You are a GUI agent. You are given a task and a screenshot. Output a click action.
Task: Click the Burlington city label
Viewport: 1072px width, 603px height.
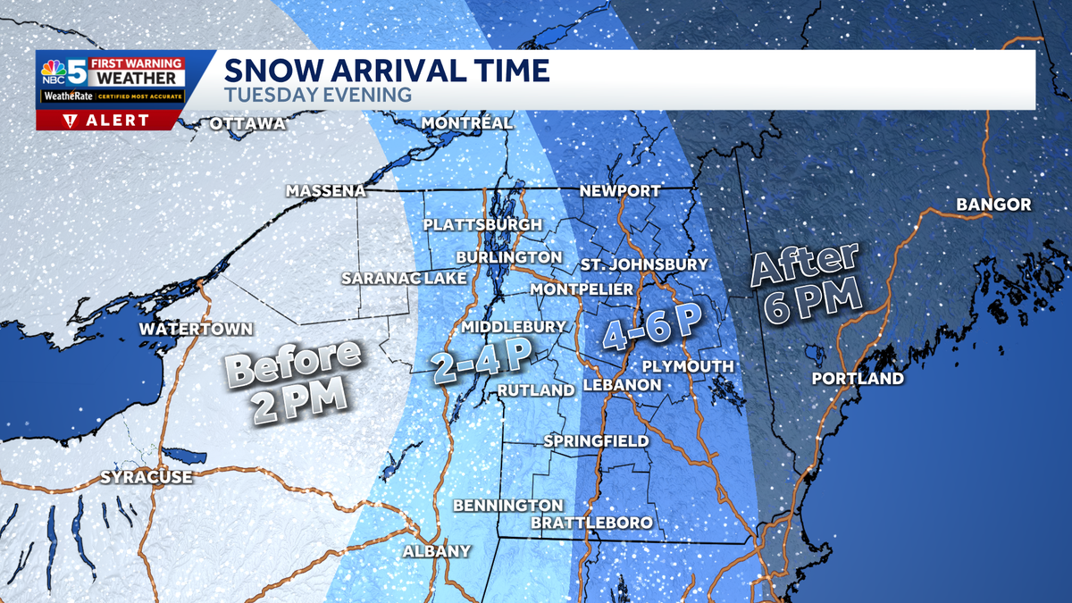pos(508,257)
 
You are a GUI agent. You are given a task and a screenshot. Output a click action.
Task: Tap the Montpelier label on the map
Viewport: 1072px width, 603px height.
pos(582,289)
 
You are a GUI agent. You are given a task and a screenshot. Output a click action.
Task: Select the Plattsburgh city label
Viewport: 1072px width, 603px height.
pos(482,224)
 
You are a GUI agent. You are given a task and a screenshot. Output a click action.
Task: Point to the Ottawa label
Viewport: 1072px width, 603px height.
pos(247,123)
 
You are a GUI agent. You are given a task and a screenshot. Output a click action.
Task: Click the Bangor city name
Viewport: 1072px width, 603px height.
pos(993,205)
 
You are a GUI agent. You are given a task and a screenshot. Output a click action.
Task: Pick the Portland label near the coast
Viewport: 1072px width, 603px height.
pos(858,379)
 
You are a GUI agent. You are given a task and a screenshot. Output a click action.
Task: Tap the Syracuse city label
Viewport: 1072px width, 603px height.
pos(146,477)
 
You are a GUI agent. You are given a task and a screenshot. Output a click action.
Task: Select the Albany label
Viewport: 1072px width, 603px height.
pos(436,551)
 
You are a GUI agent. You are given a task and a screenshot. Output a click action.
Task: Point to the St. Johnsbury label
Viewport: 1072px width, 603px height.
pos(643,264)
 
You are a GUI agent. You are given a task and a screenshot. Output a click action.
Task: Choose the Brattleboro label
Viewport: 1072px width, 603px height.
pos(591,523)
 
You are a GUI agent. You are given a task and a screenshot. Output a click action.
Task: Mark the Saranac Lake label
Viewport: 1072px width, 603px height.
pos(404,279)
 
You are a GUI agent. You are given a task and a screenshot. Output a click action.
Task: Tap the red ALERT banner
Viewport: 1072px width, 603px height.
pos(109,121)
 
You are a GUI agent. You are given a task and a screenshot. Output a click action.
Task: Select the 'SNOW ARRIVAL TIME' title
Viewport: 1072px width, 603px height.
pos(386,71)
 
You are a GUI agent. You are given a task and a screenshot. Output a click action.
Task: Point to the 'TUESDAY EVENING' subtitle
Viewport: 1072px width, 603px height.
pos(317,95)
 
